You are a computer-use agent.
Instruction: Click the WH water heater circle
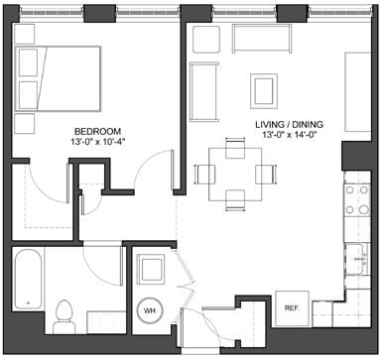pos(150,310)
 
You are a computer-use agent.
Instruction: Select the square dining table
pos(235,173)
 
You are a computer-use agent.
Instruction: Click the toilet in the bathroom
pos(65,314)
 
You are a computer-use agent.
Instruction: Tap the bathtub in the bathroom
pos(29,287)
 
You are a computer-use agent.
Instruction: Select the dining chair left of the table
pos(205,174)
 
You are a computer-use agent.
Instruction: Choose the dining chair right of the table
pos(265,174)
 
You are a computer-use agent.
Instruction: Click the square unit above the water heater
pos(150,271)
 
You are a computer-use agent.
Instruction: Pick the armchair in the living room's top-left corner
pos(205,39)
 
